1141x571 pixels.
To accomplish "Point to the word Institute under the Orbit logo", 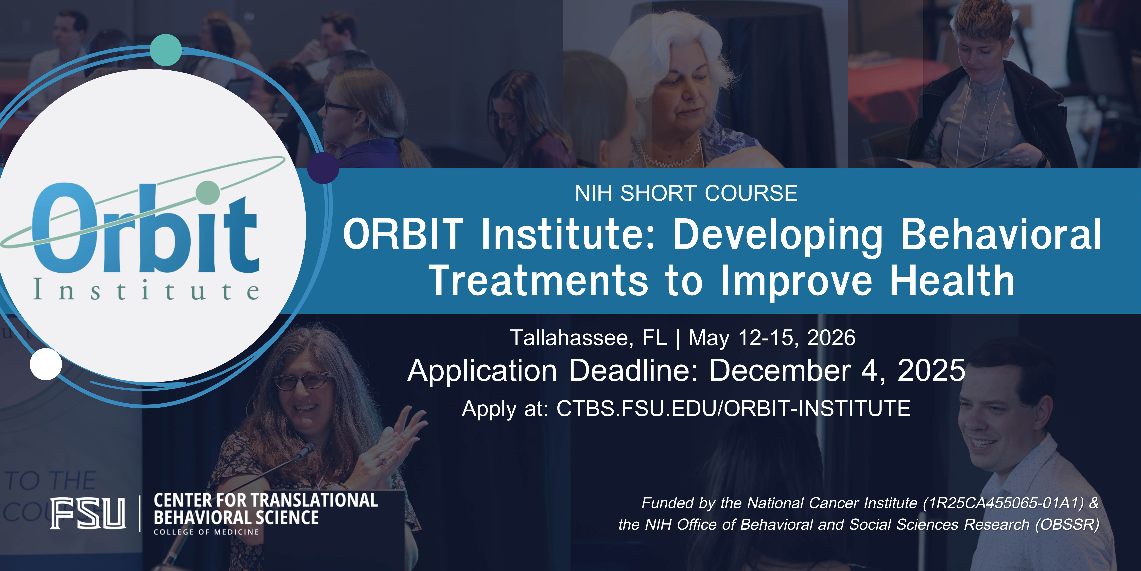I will click(x=146, y=290).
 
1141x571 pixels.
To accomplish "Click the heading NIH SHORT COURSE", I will click(x=686, y=193).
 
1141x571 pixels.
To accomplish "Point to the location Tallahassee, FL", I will click(x=588, y=338).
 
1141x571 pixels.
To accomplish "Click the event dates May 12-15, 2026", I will click(x=772, y=338).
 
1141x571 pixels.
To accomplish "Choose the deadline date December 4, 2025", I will click(x=837, y=371).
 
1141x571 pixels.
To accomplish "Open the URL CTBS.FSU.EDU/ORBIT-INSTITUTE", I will click(x=733, y=408).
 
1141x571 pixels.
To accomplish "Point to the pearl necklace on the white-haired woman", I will click(x=669, y=155).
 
